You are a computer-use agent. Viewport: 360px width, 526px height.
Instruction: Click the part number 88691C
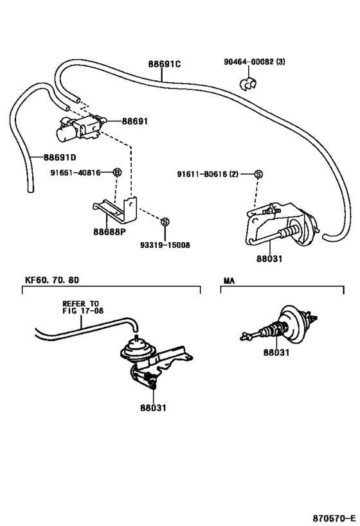pos(165,64)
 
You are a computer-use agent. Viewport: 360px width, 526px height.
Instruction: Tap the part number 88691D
pos(60,157)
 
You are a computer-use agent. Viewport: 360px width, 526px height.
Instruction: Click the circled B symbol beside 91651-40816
pos(117,172)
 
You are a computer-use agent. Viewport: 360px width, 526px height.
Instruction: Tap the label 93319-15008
pos(165,245)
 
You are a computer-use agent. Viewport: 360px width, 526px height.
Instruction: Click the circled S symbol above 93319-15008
pos(165,222)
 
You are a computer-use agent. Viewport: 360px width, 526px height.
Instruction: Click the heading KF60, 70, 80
pos(53,280)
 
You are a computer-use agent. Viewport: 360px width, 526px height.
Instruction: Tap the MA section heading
pos(229,281)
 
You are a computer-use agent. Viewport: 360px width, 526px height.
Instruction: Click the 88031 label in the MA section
pos(275,353)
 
